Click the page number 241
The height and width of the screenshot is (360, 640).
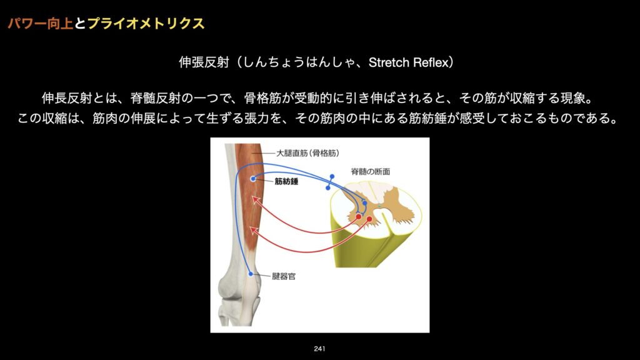(319, 349)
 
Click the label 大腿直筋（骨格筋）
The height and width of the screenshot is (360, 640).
(307, 154)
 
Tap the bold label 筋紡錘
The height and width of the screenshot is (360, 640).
(286, 181)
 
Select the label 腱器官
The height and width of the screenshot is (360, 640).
(284, 276)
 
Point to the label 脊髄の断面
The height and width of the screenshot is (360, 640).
(370, 172)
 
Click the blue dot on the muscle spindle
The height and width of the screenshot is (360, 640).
(253, 179)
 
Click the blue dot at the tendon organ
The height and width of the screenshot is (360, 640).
(251, 274)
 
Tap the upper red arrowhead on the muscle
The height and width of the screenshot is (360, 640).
(256, 200)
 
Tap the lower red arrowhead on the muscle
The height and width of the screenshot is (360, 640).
(254, 231)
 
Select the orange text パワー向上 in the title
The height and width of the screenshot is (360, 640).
(41, 23)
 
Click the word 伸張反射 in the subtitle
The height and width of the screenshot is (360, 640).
(204, 62)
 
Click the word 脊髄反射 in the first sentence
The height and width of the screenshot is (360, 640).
(156, 98)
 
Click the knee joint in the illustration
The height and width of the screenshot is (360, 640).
(238, 292)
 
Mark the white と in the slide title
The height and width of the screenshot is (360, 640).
(81, 23)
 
